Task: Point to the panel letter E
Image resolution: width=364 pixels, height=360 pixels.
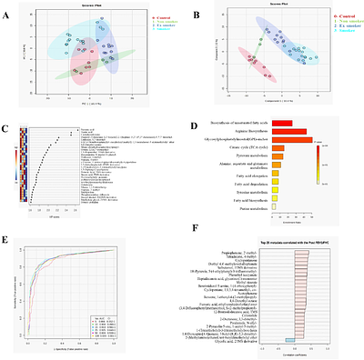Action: pyautogui.click(x=6, y=241)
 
